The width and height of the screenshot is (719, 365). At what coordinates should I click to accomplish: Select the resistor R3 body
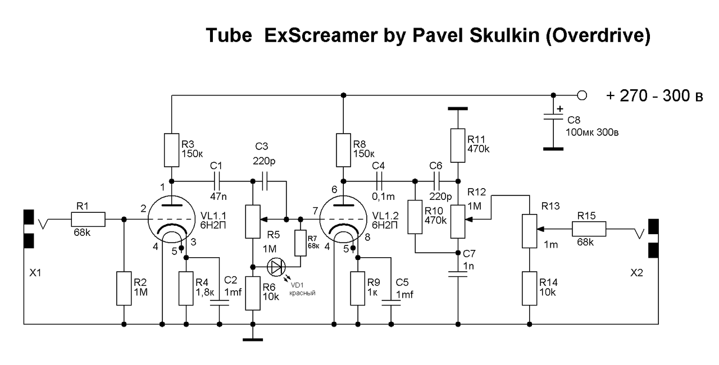(171, 150)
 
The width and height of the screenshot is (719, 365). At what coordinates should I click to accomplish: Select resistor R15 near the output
(589, 229)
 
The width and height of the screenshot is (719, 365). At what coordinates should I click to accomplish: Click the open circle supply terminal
(582, 95)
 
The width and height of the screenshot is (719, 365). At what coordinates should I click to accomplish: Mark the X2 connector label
(637, 272)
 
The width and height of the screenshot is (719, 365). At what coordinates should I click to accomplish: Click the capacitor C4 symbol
(380, 181)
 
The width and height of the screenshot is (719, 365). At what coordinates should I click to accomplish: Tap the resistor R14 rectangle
(529, 288)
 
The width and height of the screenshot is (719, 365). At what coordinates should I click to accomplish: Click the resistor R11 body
(458, 144)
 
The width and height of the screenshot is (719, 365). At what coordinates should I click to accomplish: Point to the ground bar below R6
(253, 339)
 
